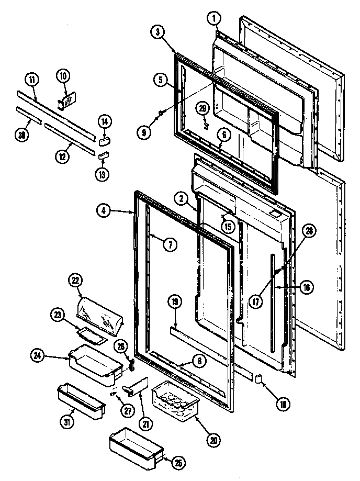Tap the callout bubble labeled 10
coord(63,76)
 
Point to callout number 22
coord(76,281)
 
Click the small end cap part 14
coord(104,139)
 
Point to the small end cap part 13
coord(104,155)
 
